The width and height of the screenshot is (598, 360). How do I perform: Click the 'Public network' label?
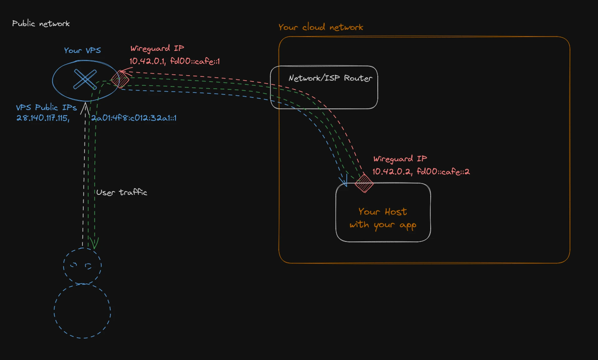pos(41,24)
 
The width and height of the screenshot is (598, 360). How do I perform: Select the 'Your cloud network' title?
pos(321,27)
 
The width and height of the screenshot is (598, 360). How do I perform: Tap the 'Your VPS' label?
pos(82,50)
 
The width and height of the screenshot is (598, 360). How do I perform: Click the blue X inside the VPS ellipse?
pos(85,79)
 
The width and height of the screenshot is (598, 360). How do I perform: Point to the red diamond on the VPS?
pos(120,79)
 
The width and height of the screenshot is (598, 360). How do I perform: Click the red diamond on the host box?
pos(364,183)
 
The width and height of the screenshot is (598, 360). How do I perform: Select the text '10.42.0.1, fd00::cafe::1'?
pos(175,61)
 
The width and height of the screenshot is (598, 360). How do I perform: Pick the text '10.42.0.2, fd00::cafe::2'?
pos(421,171)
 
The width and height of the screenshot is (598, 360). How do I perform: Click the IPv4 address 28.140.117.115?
pos(43,118)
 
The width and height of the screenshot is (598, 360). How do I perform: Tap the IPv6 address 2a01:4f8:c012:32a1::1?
pos(134,118)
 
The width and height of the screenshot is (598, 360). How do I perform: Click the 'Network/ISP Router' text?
pos(330,78)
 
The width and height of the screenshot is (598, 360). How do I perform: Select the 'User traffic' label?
pos(122,192)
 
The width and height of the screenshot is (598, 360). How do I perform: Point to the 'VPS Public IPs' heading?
pos(46,107)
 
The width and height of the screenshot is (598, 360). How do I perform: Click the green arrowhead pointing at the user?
pos(94,243)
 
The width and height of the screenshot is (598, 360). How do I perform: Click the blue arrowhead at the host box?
pos(344,180)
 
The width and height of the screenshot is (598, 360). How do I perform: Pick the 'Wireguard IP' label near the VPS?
pos(157,48)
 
